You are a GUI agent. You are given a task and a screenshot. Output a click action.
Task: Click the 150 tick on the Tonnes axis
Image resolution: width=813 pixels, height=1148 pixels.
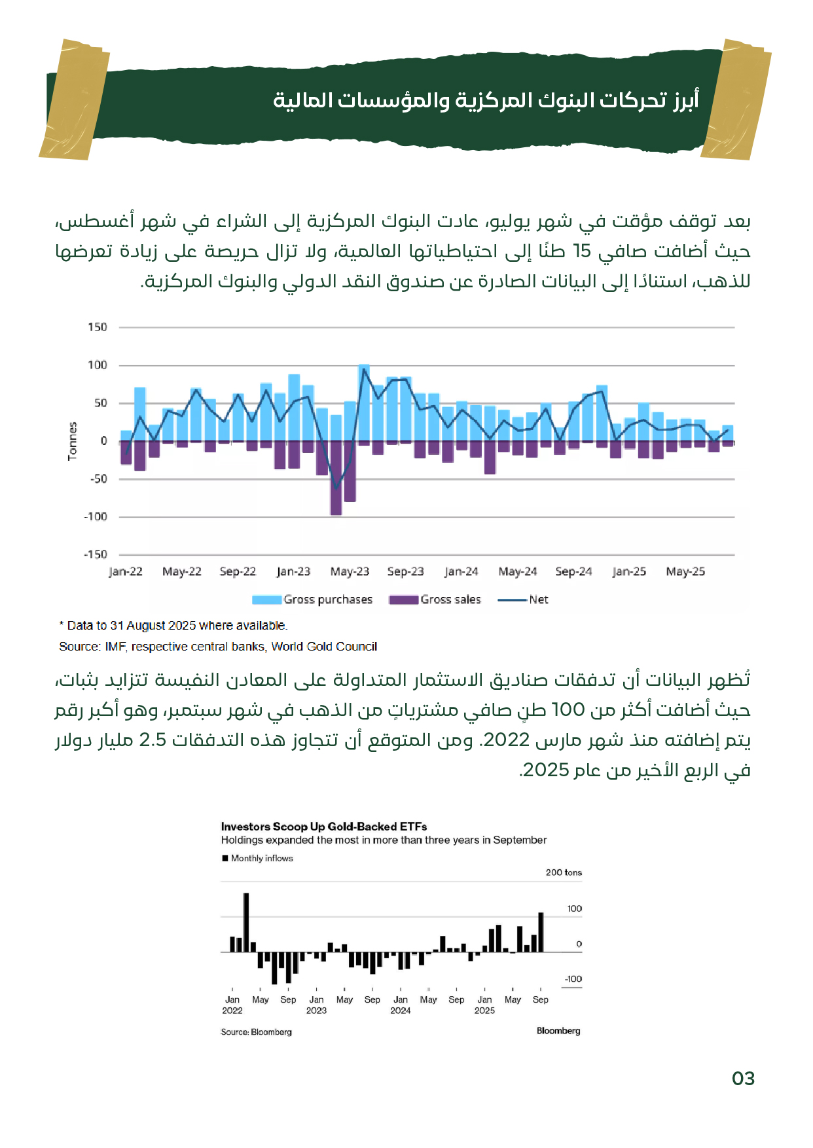tap(98, 327)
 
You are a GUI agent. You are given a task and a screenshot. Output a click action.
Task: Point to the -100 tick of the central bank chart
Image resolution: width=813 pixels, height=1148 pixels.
tap(96, 516)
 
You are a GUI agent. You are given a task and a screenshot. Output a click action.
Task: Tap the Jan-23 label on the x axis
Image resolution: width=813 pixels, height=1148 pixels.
tap(293, 571)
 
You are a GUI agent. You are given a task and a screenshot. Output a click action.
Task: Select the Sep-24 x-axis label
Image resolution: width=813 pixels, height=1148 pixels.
tap(573, 571)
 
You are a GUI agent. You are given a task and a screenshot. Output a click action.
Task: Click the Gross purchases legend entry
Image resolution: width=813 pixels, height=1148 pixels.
tap(313, 600)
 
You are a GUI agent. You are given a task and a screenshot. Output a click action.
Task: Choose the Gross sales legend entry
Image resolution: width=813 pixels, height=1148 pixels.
tap(435, 600)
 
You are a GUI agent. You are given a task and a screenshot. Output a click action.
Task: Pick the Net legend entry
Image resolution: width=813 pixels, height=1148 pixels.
tap(524, 600)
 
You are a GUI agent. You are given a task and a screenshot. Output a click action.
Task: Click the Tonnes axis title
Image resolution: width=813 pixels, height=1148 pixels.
tap(73, 440)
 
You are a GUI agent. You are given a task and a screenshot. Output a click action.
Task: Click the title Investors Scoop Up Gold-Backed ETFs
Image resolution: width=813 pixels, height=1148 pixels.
tap(324, 827)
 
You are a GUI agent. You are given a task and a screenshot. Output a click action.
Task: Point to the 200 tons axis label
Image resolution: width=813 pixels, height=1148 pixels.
tap(564, 872)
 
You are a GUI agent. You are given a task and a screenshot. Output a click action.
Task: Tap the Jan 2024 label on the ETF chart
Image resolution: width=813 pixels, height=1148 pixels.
tap(401, 1005)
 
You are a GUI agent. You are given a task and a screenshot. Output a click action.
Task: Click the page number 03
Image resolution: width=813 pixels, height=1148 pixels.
tap(743, 1079)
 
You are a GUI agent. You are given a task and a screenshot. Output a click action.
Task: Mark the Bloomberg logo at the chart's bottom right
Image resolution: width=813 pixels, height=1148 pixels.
tap(558, 1031)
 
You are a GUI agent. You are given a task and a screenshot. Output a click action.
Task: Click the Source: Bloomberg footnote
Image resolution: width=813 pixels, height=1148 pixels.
tap(256, 1032)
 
